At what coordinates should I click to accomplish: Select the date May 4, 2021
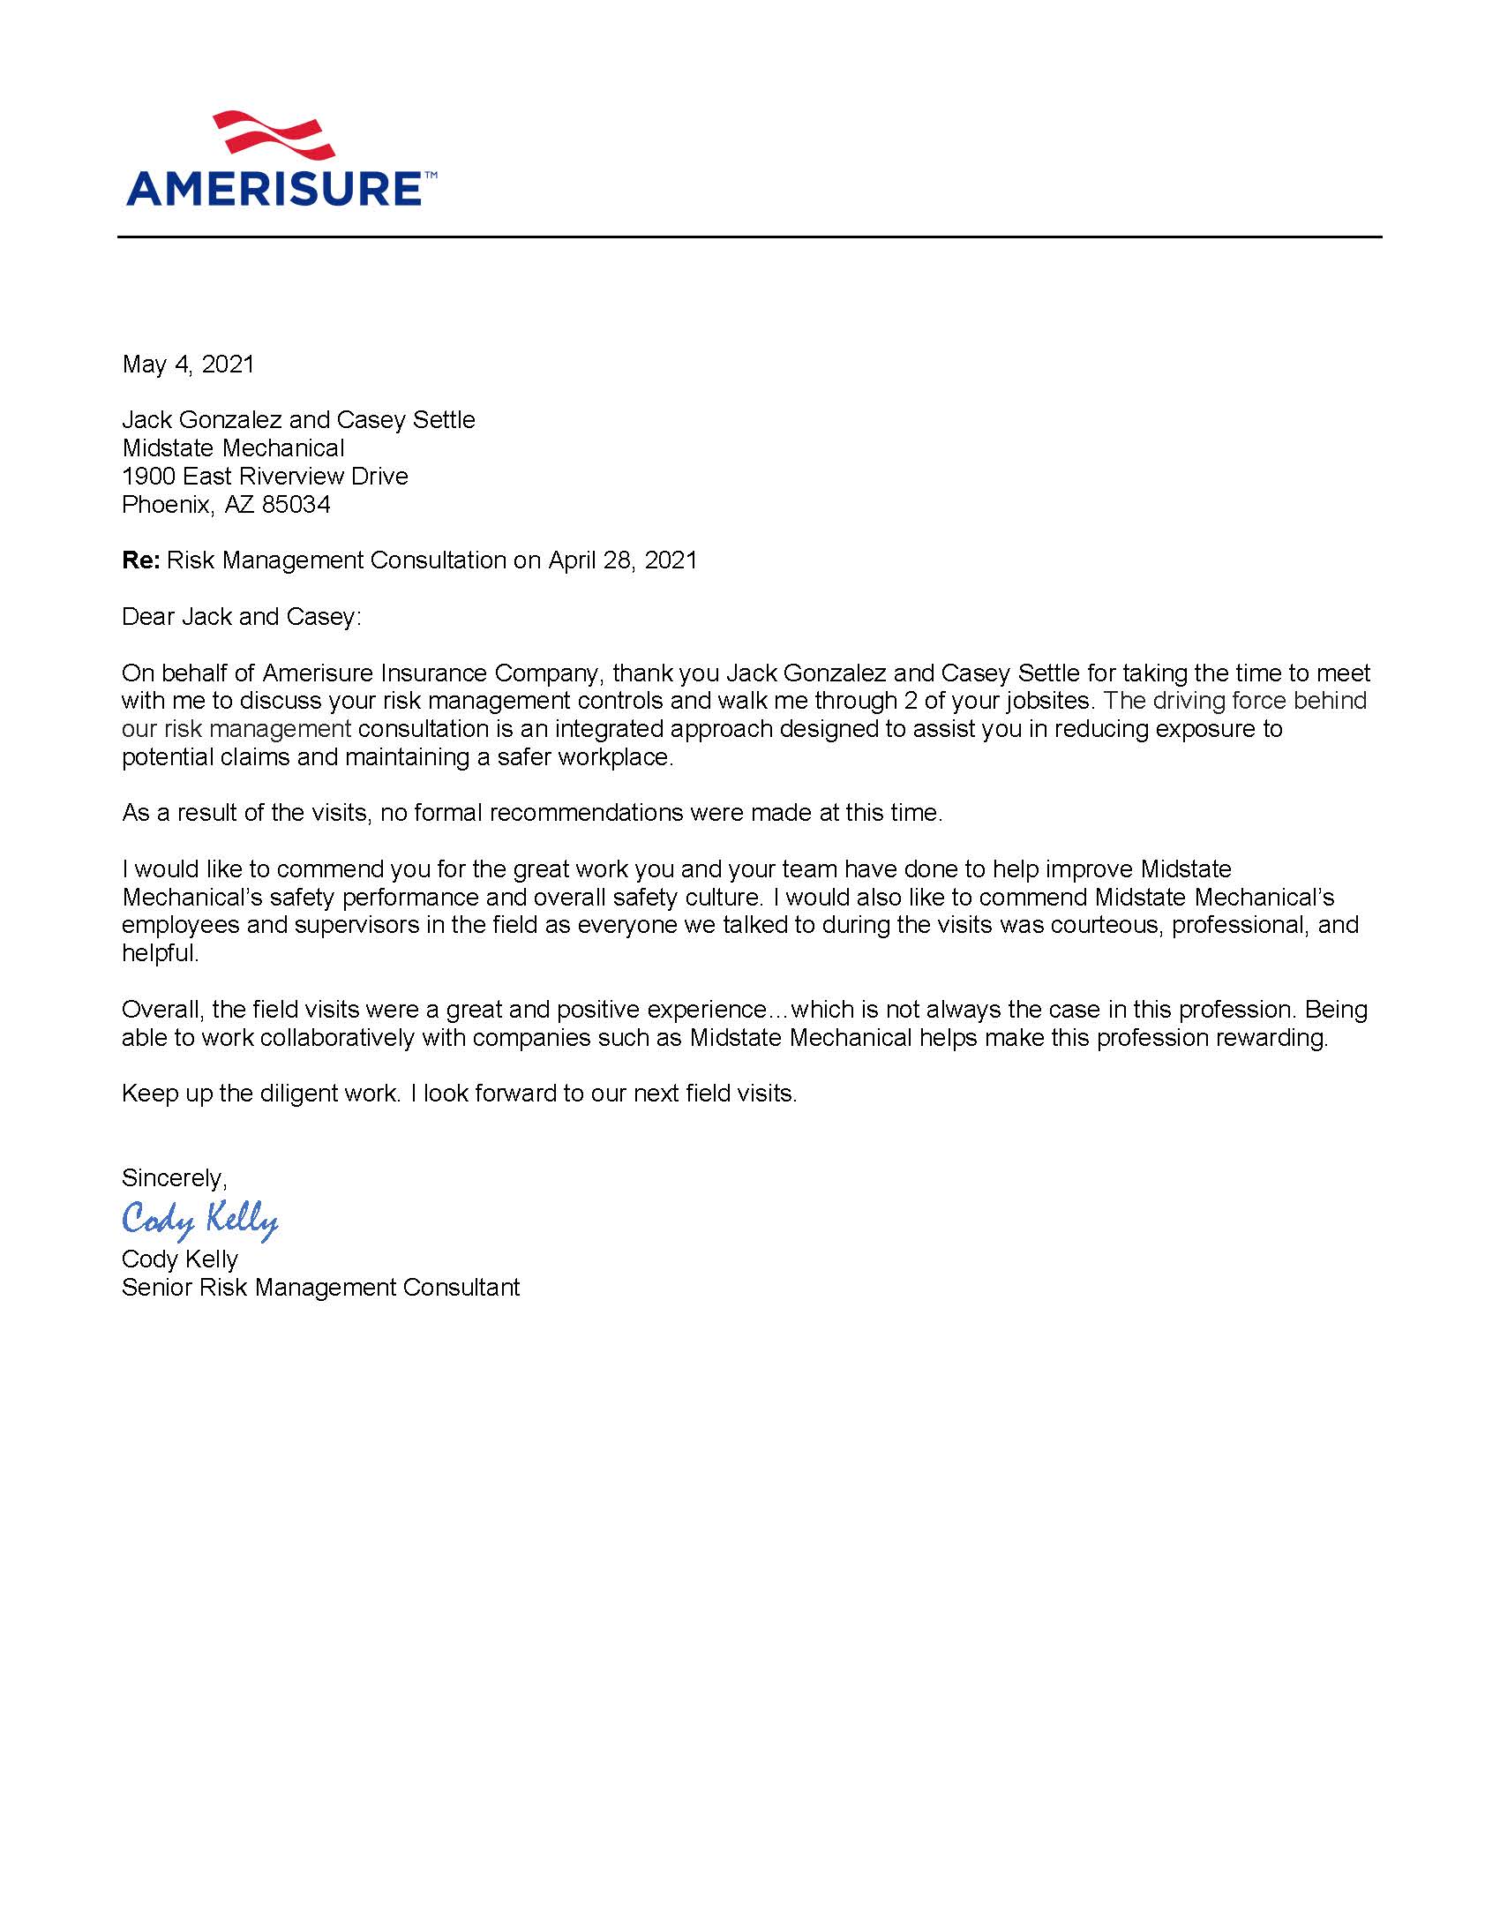189,365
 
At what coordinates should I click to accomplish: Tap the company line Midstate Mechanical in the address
233,448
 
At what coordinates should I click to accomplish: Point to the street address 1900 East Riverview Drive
265,477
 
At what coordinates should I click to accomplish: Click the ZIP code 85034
296,505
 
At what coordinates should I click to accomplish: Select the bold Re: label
140,560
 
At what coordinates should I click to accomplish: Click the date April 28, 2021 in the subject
623,560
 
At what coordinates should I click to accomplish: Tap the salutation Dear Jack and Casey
242,617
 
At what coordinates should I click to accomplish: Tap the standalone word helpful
159,953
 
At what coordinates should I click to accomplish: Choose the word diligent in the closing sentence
299,1094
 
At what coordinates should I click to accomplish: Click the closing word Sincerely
173,1178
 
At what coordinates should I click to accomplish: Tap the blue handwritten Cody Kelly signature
200,1219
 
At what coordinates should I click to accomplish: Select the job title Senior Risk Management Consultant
320,1287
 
